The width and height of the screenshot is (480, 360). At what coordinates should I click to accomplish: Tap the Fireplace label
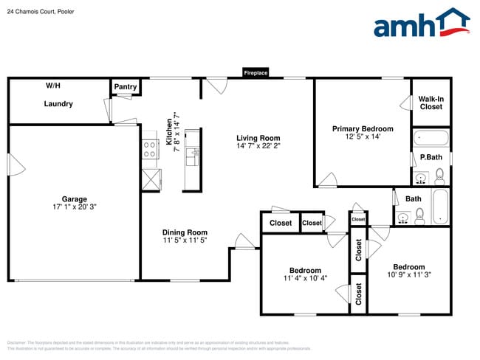coord(256,73)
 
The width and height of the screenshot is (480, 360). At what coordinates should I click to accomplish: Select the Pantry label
coord(126,87)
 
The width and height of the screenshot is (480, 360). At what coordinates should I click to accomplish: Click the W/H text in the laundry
coord(53,86)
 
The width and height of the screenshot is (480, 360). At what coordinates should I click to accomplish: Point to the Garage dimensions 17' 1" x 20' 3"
coord(74,207)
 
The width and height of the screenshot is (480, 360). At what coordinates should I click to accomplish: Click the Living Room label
coord(258,138)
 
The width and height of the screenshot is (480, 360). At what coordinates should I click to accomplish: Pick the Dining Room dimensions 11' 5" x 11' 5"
coord(185,240)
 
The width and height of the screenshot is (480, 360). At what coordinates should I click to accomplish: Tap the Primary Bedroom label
coord(362,129)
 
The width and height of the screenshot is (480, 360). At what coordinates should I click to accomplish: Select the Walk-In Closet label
coord(431,103)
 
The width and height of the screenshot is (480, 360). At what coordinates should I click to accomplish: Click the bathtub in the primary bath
coord(431,138)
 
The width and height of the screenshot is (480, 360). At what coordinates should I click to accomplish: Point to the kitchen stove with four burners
coord(149,150)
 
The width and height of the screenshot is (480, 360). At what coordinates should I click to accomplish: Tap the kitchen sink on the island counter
coord(191,156)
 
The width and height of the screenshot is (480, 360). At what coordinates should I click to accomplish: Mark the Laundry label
coord(58,104)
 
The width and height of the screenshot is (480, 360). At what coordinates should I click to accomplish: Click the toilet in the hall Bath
coord(419,216)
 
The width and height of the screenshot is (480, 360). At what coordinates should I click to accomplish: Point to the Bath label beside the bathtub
coord(414,198)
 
